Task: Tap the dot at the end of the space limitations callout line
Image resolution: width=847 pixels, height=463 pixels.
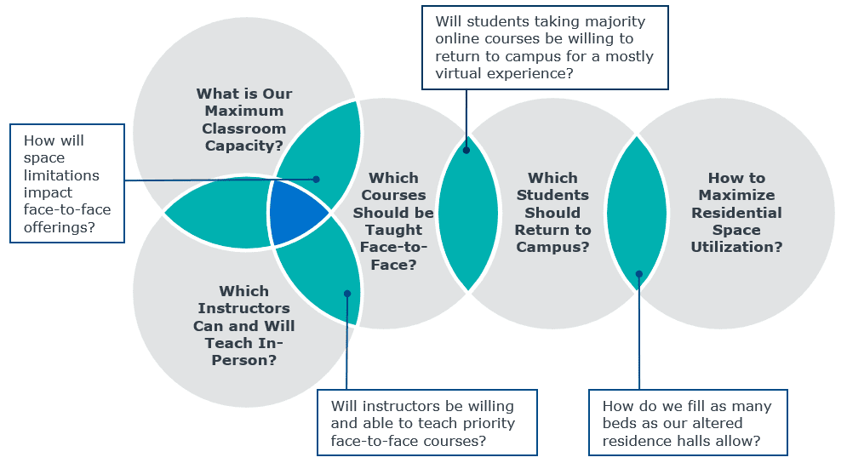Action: tap(317, 180)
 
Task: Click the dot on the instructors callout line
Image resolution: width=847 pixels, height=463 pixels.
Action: tap(347, 294)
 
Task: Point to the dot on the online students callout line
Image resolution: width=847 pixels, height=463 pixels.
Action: tap(466, 150)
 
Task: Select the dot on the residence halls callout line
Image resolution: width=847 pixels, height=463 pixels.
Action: tap(639, 274)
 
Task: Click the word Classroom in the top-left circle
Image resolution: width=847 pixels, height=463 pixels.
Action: tap(244, 129)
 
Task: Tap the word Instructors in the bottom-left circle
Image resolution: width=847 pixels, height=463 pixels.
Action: tap(244, 308)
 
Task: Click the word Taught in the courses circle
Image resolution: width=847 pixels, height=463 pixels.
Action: tap(394, 230)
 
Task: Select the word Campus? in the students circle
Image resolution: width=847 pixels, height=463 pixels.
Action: tap(552, 248)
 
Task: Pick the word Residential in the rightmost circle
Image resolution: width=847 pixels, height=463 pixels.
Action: tap(737, 213)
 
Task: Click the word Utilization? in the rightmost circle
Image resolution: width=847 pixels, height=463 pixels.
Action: tap(737, 248)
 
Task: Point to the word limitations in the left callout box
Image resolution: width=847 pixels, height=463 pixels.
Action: tap(61, 175)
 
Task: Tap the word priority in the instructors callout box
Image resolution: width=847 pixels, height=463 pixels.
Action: tap(485, 424)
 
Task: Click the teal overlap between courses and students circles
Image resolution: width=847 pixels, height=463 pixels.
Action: tap(468, 213)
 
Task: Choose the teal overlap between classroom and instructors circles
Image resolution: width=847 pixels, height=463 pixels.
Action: tap(216, 212)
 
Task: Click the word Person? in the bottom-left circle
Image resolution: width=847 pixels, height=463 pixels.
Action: tap(244, 360)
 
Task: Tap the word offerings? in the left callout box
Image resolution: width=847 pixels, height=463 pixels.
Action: tap(60, 227)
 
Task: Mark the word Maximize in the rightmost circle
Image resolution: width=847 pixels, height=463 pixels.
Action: tap(737, 195)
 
